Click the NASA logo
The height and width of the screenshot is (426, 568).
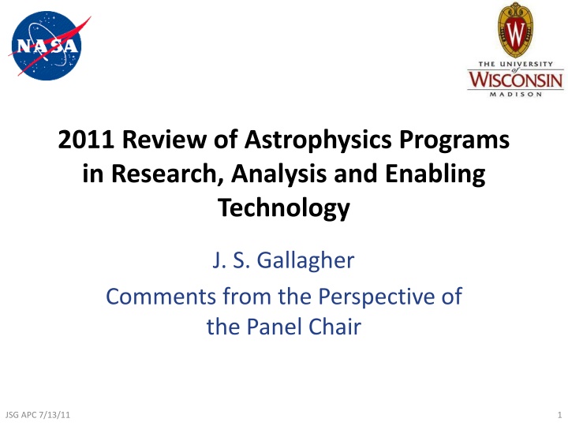click(x=46, y=46)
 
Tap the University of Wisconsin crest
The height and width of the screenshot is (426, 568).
click(x=515, y=30)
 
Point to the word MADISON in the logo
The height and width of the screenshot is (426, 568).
click(x=515, y=96)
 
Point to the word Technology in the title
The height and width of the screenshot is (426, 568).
click(x=284, y=208)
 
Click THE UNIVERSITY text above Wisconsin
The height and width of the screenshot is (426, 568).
click(x=515, y=64)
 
